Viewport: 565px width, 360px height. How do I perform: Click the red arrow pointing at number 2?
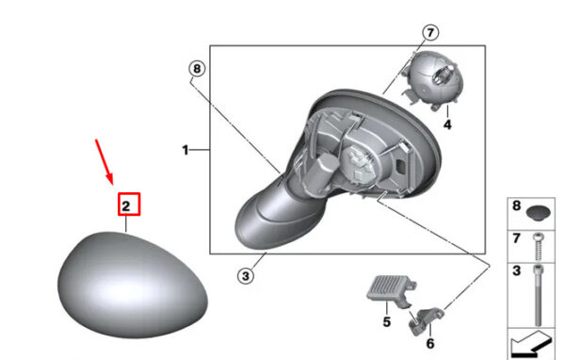click(105, 161)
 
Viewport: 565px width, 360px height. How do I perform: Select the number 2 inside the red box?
click(126, 206)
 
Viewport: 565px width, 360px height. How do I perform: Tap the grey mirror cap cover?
click(133, 285)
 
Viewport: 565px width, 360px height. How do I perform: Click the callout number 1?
click(186, 150)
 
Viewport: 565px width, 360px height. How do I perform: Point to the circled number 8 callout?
click(197, 69)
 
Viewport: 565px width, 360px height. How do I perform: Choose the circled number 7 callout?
click(430, 33)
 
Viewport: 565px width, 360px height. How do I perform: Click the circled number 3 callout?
click(246, 276)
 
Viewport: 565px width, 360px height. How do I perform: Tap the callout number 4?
click(447, 124)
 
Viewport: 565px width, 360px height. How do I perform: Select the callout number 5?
click(387, 321)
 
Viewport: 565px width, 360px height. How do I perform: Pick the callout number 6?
click(430, 343)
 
